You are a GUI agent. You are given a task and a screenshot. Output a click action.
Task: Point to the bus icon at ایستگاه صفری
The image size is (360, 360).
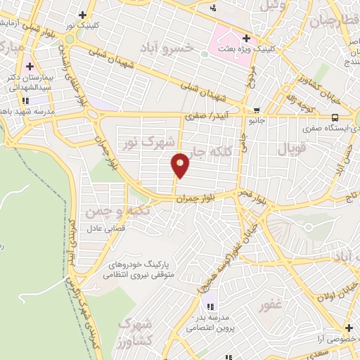point(335,117)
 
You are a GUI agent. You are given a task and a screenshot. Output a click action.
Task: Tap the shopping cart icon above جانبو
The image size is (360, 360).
point(257,110)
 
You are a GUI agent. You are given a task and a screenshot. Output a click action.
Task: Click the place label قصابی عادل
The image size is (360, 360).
point(105,230)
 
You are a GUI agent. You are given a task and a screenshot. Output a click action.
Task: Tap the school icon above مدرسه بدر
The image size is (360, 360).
point(209,306)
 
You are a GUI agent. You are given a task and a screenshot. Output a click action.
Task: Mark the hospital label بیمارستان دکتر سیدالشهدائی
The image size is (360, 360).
point(30,81)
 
